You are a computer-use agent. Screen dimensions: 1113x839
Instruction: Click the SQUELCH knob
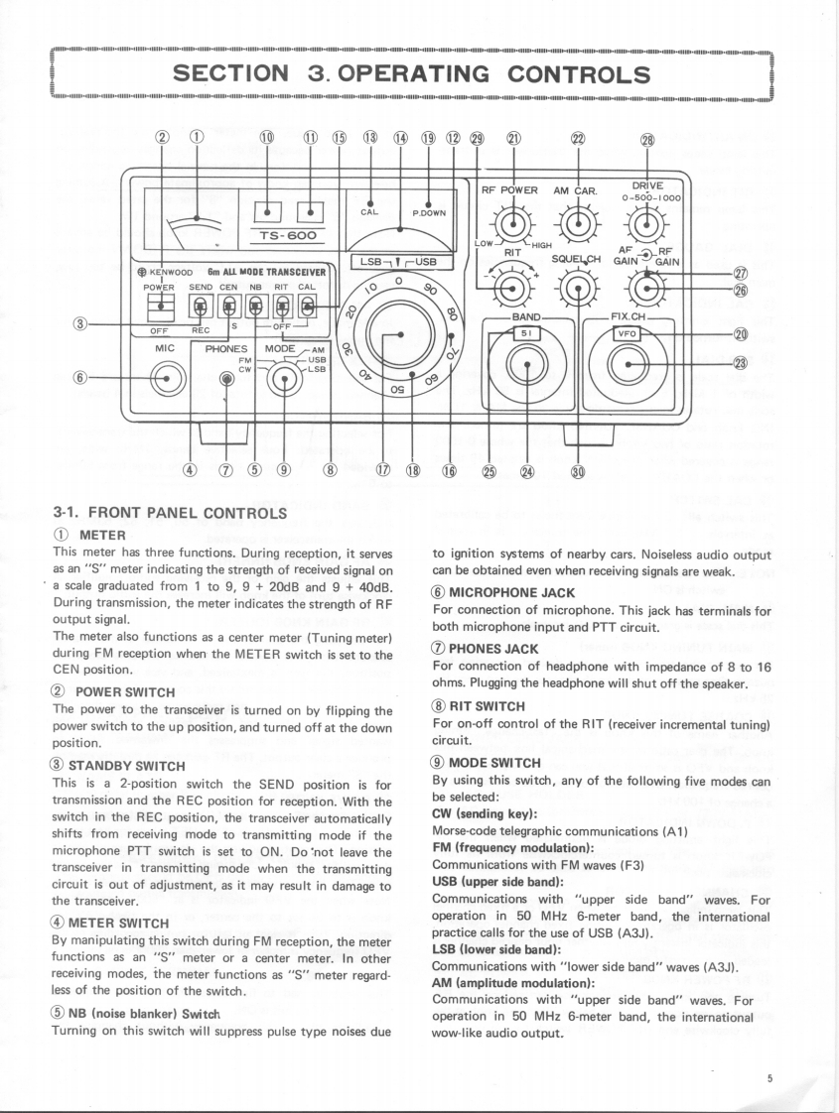tap(579, 289)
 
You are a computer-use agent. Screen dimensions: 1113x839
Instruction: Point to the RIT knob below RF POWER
tap(512, 289)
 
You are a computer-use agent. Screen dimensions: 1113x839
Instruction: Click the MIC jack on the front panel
tap(166, 378)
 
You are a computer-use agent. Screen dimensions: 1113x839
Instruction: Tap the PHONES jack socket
tap(227, 378)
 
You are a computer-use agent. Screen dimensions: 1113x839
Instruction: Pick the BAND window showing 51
tap(526, 333)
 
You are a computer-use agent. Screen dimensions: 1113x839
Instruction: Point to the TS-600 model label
tap(286, 236)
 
